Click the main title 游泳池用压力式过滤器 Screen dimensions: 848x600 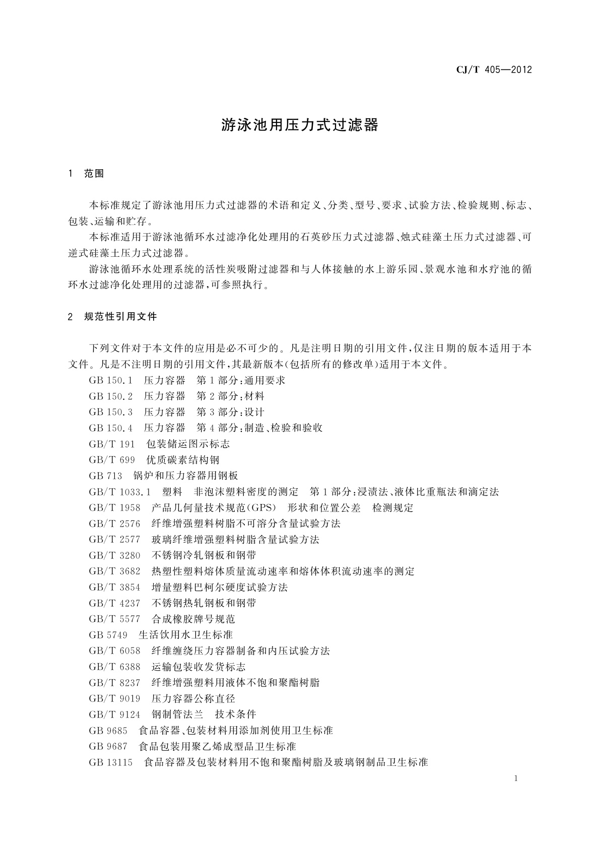[x=300, y=125]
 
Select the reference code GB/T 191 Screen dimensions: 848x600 [x=112, y=444]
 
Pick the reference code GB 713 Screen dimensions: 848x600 [x=105, y=476]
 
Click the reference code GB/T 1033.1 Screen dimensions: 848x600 [x=120, y=492]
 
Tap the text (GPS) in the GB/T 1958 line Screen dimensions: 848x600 [x=261, y=508]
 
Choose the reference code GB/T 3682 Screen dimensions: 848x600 [x=114, y=572]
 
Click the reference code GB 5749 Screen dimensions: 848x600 [x=108, y=635]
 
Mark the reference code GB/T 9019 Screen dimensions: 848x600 [x=114, y=699]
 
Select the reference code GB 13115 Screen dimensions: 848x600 [x=111, y=762]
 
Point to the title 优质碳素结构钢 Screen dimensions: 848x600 [x=183, y=460]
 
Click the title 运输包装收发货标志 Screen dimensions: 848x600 [x=198, y=667]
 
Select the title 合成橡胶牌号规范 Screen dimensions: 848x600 [x=193, y=619]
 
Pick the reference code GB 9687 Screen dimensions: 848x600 [x=108, y=746]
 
